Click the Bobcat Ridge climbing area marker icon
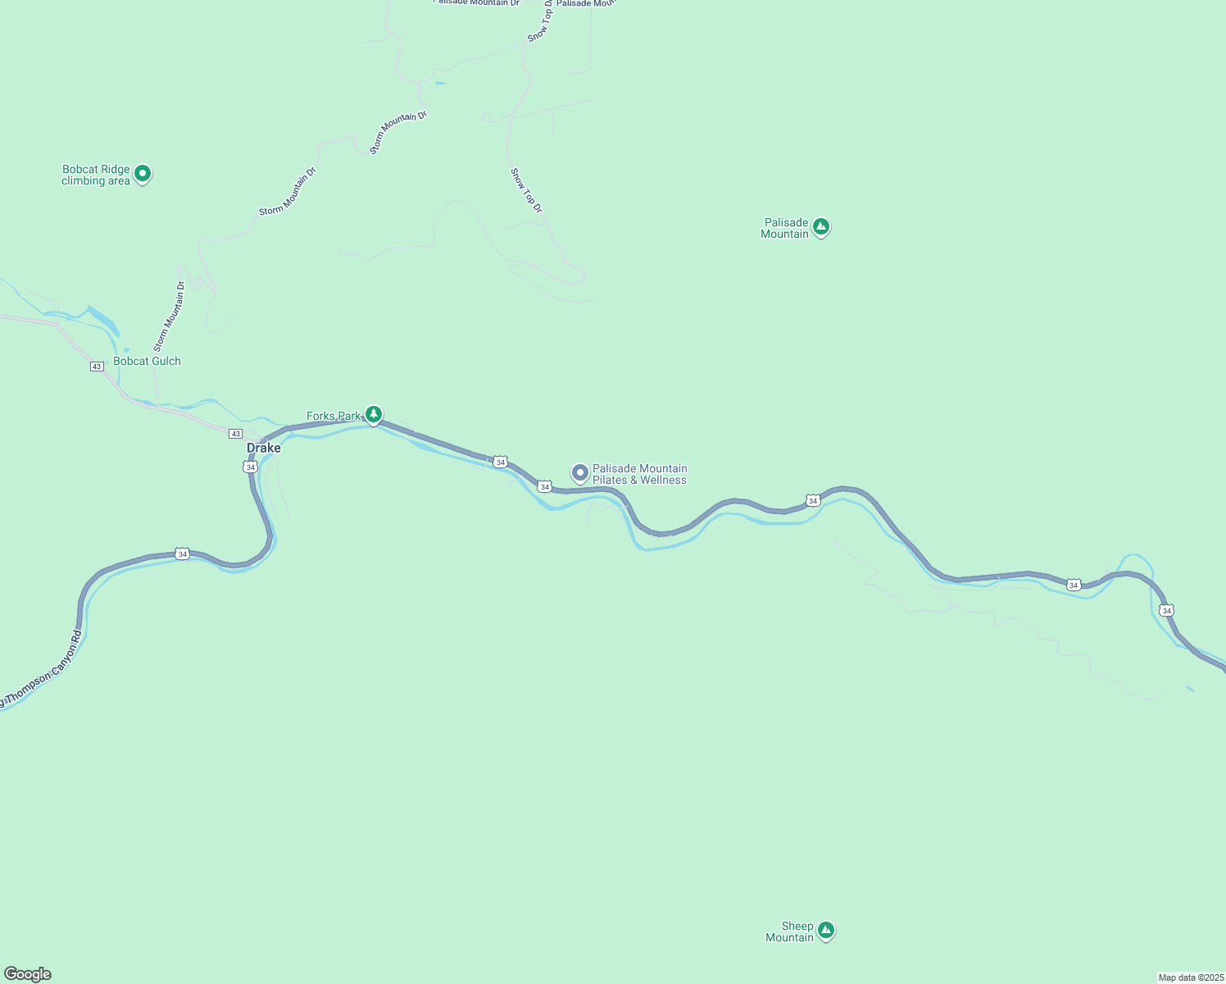point(143,173)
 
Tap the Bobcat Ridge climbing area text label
point(96,175)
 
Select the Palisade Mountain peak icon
point(821,227)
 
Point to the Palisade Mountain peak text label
point(784,228)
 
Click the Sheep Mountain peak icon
point(826,930)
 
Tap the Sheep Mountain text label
point(789,932)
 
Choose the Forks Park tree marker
point(374,414)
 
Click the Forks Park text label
point(333,417)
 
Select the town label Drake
point(264,448)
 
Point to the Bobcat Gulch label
point(147,361)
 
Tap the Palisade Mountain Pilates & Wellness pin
point(579,472)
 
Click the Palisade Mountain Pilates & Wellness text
point(639,474)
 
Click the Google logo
point(27,974)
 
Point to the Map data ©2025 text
point(1191,977)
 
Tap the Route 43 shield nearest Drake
point(236,433)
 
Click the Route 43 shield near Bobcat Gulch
point(97,367)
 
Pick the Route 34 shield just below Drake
point(249,467)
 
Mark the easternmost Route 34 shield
point(1167,610)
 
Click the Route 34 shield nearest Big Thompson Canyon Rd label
point(182,554)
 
